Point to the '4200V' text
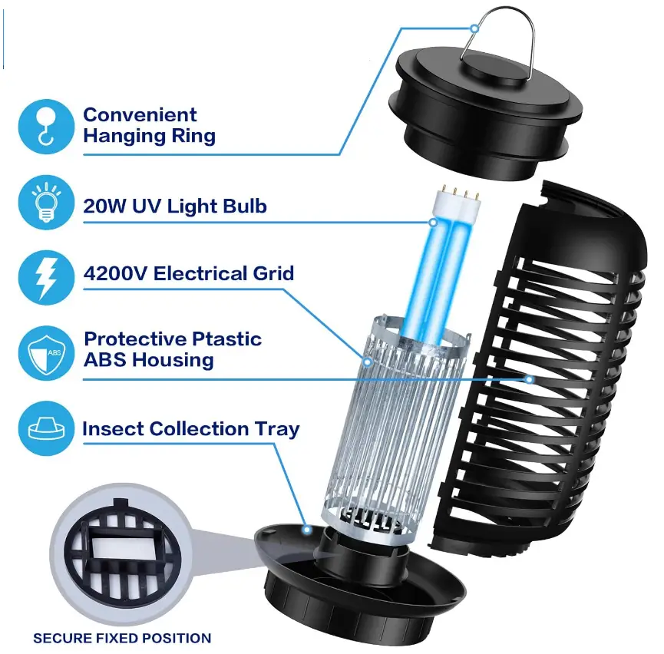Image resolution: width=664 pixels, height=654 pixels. pyautogui.click(x=116, y=273)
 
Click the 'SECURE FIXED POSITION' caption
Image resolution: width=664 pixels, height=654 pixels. pyautogui.click(x=122, y=638)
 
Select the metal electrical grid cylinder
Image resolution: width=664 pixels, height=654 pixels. pyautogui.click(x=399, y=430)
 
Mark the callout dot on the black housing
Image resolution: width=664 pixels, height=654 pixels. pyautogui.click(x=530, y=378)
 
